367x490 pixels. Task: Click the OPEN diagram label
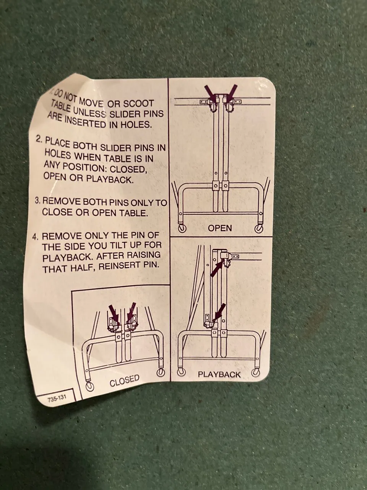[220, 228]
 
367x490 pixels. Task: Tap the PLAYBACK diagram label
[219, 374]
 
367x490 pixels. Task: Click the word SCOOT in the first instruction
[138, 104]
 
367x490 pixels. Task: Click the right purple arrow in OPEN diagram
[231, 92]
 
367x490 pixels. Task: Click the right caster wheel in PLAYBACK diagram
[255, 372]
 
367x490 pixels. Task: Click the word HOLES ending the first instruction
[136, 124]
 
